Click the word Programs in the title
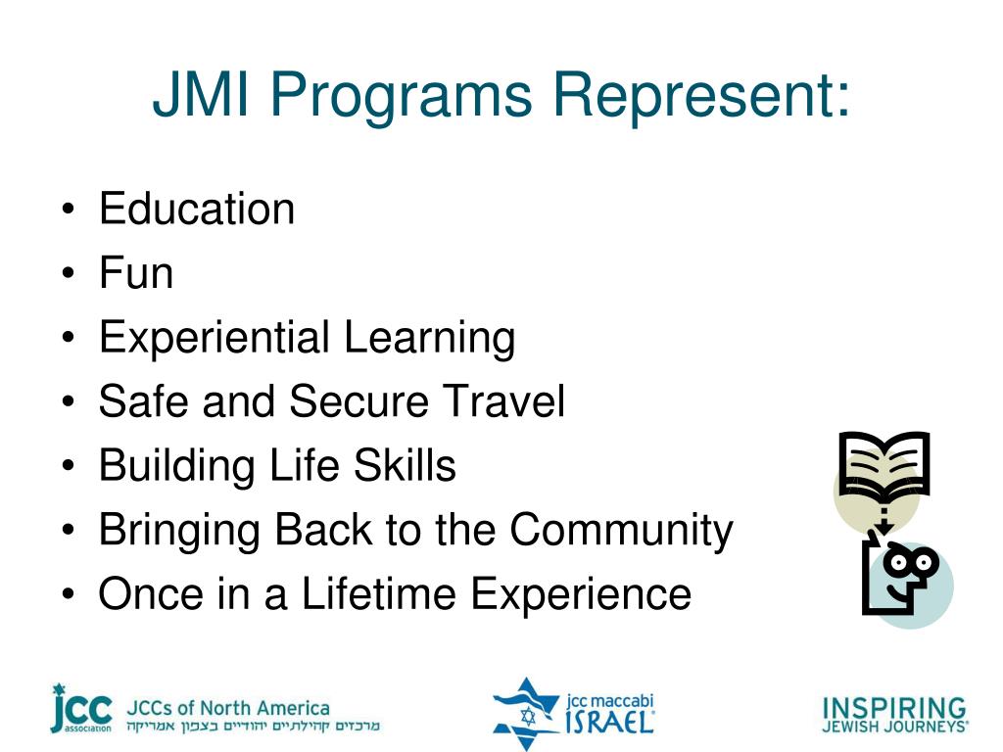point(401,97)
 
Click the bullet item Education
point(197,209)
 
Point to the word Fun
point(136,273)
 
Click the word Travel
point(504,400)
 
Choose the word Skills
point(405,465)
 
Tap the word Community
point(621,531)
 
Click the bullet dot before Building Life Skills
point(69,465)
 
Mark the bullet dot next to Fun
point(69,273)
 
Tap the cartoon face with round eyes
point(901,576)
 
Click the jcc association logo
point(81,709)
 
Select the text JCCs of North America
point(227,708)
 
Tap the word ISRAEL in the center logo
point(609,722)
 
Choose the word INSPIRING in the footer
point(893,708)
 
